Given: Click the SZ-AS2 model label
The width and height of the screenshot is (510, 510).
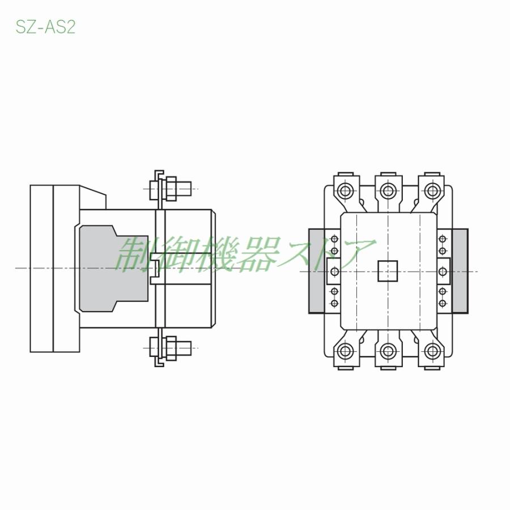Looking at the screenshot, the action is click(45, 27).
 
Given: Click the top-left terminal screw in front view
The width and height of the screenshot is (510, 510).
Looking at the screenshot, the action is click(345, 190).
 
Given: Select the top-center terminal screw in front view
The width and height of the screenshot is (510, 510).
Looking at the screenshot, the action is click(388, 190).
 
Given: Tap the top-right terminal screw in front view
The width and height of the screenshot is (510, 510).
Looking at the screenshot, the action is click(432, 190).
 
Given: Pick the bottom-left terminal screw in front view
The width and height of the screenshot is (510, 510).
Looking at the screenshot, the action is click(345, 351).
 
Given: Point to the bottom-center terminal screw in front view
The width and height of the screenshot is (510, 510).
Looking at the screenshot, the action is click(388, 351).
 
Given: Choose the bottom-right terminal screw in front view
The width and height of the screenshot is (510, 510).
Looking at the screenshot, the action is click(432, 351).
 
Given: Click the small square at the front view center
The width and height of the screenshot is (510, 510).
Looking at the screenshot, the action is click(388, 271).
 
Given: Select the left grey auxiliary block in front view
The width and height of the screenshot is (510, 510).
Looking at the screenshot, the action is click(316, 271).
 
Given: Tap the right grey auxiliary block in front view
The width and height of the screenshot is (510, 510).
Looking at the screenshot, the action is click(460, 271).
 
